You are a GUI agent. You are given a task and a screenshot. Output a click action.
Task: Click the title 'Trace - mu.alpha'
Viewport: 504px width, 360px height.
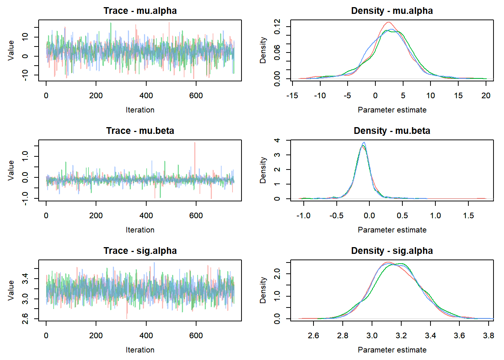click(x=140, y=11)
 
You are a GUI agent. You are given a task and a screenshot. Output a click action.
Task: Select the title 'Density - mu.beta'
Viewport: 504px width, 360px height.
click(x=392, y=131)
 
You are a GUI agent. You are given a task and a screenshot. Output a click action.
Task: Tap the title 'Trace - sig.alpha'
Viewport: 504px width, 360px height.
click(x=140, y=251)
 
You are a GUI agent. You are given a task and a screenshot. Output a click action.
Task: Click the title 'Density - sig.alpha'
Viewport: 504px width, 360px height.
click(x=392, y=251)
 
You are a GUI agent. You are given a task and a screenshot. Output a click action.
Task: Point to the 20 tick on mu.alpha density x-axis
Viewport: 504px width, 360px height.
click(x=486, y=96)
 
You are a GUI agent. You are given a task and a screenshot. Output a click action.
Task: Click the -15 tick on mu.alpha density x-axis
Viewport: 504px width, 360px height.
click(x=292, y=96)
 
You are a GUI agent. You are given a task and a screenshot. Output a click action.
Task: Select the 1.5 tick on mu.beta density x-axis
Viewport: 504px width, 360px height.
click(x=468, y=216)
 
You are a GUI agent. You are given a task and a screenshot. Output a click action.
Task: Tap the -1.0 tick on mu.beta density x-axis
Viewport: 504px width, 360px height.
click(x=303, y=216)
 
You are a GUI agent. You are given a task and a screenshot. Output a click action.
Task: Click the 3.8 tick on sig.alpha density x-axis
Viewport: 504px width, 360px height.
click(x=489, y=336)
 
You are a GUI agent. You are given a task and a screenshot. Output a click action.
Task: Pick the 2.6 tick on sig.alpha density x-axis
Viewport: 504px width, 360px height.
click(x=313, y=336)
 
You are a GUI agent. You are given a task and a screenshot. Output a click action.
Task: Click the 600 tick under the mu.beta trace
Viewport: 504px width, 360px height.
click(x=196, y=216)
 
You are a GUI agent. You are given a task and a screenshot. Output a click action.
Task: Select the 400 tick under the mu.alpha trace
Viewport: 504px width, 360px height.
click(x=146, y=96)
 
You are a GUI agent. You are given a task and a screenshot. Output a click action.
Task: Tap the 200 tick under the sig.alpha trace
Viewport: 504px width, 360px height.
click(x=96, y=336)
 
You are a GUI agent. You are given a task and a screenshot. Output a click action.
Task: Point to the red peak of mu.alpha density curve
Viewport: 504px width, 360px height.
click(x=388, y=22)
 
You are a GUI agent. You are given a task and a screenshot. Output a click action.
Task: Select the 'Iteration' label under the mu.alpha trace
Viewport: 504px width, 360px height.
click(x=140, y=110)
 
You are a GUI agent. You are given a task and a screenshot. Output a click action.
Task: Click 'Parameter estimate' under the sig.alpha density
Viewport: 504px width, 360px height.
click(x=392, y=350)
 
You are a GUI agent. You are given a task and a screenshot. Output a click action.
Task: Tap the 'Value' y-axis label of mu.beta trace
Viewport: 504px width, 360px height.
click(x=11, y=170)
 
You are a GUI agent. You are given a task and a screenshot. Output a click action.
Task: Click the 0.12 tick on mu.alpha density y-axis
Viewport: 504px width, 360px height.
click(x=277, y=27)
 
